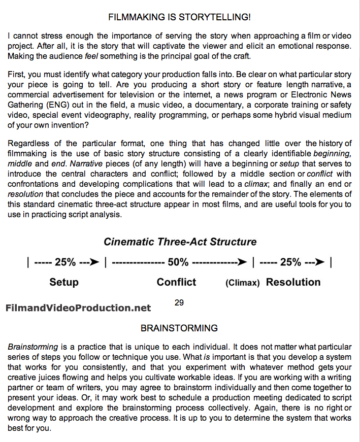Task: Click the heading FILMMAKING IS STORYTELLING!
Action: [179, 17]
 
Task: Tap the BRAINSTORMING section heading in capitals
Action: [179, 328]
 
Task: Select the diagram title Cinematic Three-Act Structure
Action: [180, 242]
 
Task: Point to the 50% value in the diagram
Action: [178, 262]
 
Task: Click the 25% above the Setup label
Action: [65, 262]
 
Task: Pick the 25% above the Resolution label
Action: [291, 262]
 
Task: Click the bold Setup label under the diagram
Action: [64, 282]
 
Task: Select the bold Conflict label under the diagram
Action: [176, 282]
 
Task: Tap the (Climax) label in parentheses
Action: [243, 283]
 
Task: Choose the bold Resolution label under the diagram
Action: [293, 282]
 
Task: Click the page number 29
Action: [179, 303]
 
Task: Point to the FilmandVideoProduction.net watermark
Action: [78, 308]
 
